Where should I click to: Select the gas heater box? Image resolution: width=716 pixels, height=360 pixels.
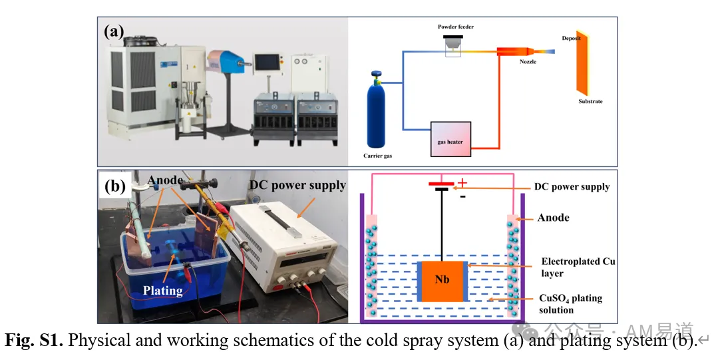click(450, 139)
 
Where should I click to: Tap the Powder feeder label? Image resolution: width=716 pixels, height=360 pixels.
click(456, 27)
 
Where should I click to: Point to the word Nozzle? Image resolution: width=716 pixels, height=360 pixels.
click(528, 62)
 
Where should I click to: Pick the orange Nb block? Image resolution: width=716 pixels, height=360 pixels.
click(442, 281)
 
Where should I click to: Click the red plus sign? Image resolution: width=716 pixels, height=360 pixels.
click(462, 183)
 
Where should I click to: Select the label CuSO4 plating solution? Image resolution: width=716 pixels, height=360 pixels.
click(570, 304)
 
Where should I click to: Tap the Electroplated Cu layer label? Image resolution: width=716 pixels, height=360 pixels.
click(578, 268)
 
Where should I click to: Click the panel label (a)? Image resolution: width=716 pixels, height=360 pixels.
click(114, 32)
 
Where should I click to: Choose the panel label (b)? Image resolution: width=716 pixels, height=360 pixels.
click(114, 187)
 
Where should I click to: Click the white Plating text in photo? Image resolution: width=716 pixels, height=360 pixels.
click(162, 291)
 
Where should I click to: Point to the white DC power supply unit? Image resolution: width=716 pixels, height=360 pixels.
click(283, 247)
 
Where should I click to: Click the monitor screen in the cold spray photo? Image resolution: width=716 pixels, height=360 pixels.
click(267, 62)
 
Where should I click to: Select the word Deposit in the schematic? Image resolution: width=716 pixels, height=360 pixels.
click(571, 39)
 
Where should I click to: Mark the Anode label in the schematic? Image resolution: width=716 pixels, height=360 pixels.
click(554, 218)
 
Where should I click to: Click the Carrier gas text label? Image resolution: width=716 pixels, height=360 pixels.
click(378, 156)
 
